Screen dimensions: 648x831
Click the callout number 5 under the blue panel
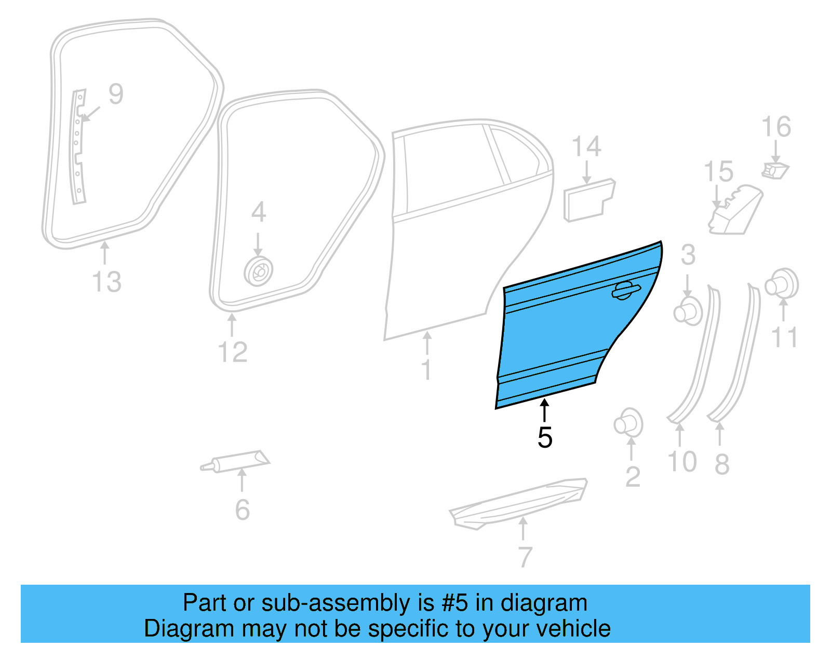pyautogui.click(x=545, y=437)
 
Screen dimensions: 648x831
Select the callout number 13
pyautogui.click(x=106, y=282)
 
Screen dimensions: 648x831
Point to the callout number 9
pyautogui.click(x=116, y=94)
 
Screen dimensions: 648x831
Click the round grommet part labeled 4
pyautogui.click(x=259, y=271)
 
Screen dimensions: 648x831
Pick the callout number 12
pyautogui.click(x=232, y=352)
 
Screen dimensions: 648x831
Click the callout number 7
pyautogui.click(x=525, y=557)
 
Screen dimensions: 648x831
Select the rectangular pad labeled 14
pyautogui.click(x=589, y=200)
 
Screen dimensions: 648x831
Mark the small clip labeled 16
pyautogui.click(x=775, y=170)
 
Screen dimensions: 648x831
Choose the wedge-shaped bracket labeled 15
pyautogui.click(x=734, y=210)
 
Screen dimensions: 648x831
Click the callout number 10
pyautogui.click(x=681, y=461)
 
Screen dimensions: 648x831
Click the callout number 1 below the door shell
pyautogui.click(x=426, y=370)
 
